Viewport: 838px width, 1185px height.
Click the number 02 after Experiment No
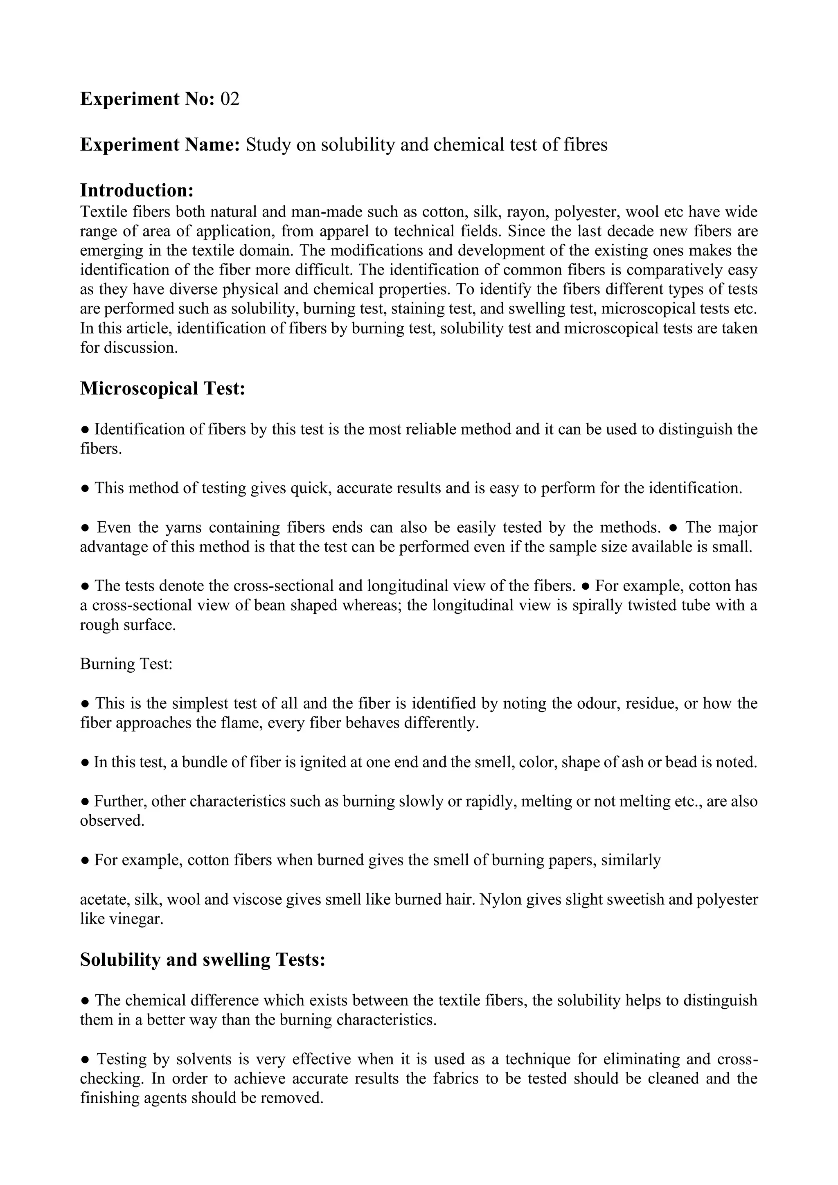(x=230, y=99)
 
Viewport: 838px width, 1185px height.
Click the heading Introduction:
(x=137, y=190)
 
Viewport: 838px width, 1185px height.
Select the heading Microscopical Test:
(x=162, y=388)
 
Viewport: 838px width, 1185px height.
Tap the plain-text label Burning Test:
(x=126, y=664)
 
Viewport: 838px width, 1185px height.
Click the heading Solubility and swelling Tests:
(x=203, y=960)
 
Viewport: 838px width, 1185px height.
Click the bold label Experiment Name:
(x=160, y=144)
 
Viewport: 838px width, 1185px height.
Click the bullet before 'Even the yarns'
(x=86, y=528)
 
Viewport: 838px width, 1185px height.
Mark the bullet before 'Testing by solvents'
(x=86, y=1059)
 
